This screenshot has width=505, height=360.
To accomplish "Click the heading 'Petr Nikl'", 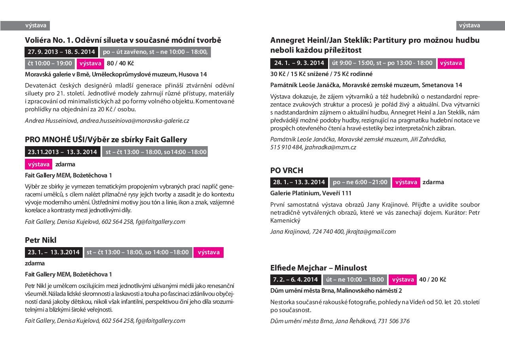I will coord(41,240).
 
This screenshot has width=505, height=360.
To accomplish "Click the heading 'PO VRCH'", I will coord(287,170).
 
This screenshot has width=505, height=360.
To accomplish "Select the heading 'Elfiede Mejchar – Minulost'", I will coord(319,268).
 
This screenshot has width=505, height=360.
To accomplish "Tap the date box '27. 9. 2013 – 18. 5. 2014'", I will coord(61,52).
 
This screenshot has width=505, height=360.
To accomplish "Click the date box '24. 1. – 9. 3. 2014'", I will coord(299,63).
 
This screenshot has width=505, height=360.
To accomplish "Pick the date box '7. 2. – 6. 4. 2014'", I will coord(295,280).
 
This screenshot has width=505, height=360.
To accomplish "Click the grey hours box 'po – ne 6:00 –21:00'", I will coord(360,182).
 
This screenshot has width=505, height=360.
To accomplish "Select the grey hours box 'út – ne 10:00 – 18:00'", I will coord(355,280).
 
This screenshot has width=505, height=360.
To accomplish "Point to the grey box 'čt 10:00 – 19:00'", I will coord(50,63).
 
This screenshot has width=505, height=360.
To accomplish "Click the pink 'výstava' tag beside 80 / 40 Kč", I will coord(90,63).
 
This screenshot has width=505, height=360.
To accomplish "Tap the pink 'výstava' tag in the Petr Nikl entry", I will coord(209,252).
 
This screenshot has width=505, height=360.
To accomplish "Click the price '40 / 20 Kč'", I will coord(433,280).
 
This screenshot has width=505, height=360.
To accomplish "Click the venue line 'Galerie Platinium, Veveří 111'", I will coord(311,193).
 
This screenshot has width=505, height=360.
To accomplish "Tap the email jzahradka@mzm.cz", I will coord(331,147).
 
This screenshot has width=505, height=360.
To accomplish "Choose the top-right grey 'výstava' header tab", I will coord(469,26).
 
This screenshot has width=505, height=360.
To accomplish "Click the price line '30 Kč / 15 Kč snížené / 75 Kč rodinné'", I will coord(321,74).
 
